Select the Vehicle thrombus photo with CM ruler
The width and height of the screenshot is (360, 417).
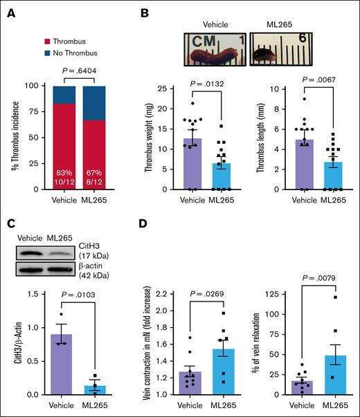pyautogui.click(x=213, y=49)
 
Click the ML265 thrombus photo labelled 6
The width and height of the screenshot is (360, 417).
pyautogui.click(x=273, y=49)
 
